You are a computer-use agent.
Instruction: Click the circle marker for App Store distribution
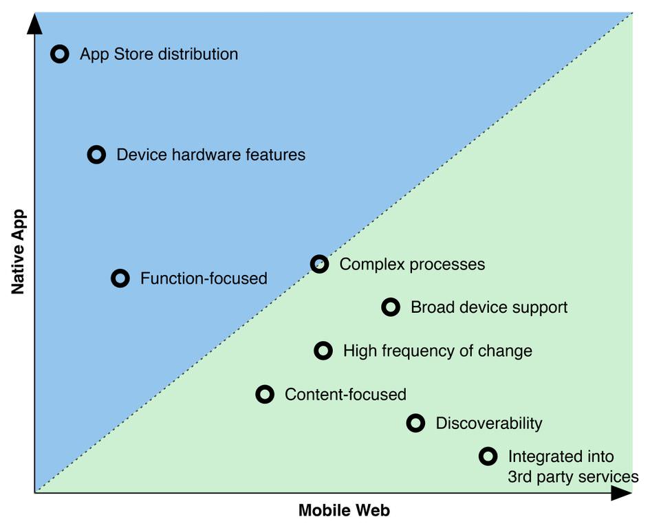coord(61,54)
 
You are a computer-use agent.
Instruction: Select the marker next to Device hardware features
coord(97,154)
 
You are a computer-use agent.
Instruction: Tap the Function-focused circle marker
coord(120,278)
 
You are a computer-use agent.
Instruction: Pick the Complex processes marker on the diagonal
coord(319,263)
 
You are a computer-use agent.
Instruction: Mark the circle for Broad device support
coord(391,307)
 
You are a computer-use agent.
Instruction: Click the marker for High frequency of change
coord(323,351)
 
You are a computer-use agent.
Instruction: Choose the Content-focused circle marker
coord(265,394)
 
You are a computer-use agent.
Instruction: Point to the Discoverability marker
coord(415,423)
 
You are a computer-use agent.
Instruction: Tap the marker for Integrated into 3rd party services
coord(488,456)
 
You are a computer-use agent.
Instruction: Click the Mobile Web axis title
coord(344,511)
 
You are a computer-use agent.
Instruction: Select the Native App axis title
coord(19,252)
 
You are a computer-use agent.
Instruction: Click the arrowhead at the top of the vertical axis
coord(34,24)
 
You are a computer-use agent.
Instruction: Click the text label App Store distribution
coord(159,54)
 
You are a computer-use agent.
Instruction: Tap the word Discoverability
coord(489,423)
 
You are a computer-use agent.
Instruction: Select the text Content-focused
coord(345,395)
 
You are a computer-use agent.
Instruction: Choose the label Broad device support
coord(489,307)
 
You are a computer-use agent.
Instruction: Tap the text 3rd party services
coord(573,476)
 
